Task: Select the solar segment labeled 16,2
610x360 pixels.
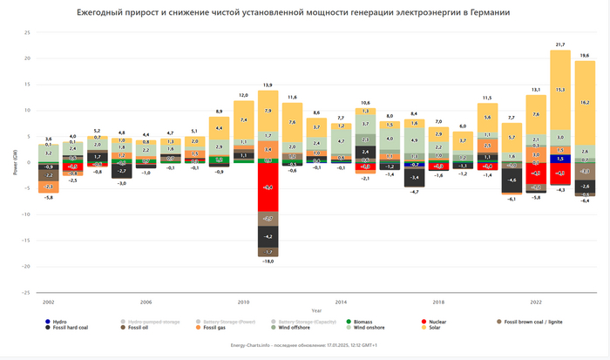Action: (585, 103)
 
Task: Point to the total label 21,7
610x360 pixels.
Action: (560, 44)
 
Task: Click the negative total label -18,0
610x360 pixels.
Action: (268, 262)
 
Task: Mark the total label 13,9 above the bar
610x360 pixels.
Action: (268, 85)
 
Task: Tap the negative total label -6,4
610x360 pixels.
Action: (585, 201)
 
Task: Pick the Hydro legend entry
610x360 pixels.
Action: (59, 322)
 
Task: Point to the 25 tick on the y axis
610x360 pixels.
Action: (28, 32)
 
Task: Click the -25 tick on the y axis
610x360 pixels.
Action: (26, 292)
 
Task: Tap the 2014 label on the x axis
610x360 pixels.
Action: (342, 302)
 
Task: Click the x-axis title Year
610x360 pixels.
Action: (316, 309)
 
